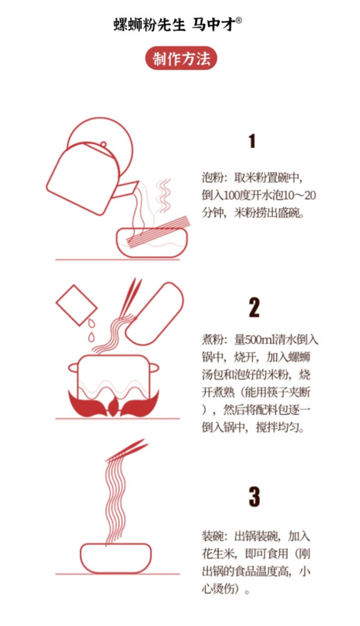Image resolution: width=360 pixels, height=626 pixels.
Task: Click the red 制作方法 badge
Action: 181,59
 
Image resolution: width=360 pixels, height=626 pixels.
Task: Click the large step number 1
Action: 252,141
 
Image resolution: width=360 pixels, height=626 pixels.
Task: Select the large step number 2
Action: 254,308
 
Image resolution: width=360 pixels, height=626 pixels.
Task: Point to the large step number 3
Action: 254,498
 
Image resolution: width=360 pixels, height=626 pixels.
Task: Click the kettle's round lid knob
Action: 103,144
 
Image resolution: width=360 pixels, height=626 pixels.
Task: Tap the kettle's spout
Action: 125,188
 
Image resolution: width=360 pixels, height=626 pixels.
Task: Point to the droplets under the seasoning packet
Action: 92,331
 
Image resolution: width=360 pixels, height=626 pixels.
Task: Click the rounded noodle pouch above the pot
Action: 154,314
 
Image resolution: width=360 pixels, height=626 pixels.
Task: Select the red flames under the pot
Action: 113,403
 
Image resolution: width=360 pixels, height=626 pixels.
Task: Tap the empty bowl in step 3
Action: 116,558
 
